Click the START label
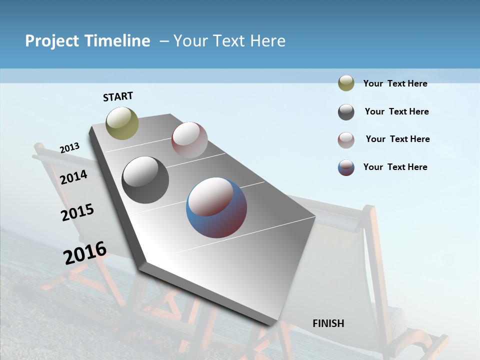[x=118, y=96]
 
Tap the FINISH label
[x=328, y=323]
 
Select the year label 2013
[x=69, y=148]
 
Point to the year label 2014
[x=73, y=177]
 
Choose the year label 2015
[x=77, y=212]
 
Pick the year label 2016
[x=85, y=252]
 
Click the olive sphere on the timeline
[x=122, y=123]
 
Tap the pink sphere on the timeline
[x=189, y=140]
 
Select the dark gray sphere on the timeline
[x=145, y=180]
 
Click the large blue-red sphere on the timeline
[x=216, y=207]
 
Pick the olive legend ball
[x=346, y=83]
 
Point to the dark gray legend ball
[x=346, y=112]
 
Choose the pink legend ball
[x=346, y=140]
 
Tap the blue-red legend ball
[x=346, y=167]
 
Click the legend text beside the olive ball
[x=395, y=83]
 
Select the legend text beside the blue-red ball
[x=395, y=167]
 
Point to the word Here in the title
[x=267, y=41]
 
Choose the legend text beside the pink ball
[x=397, y=139]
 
